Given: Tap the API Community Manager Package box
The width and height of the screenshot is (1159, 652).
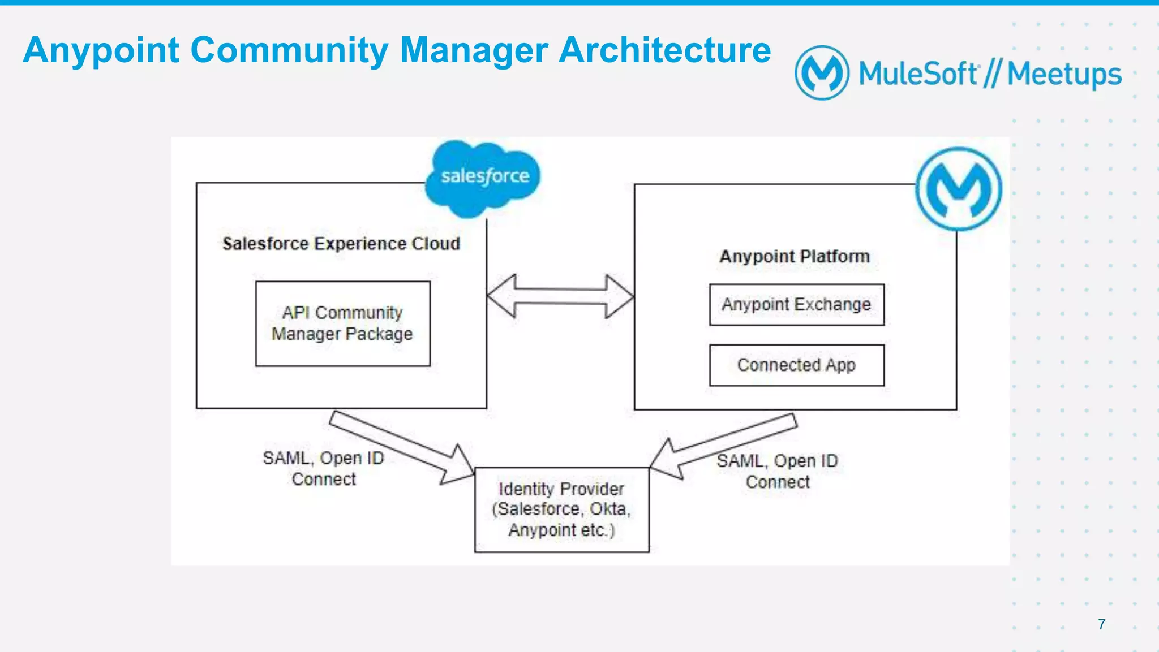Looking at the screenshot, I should click(342, 323).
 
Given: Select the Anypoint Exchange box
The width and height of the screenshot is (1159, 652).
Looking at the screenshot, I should click(796, 305).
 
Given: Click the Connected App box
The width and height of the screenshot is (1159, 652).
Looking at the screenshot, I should click(796, 365).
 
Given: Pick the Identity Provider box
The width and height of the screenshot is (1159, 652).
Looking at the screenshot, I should click(561, 509).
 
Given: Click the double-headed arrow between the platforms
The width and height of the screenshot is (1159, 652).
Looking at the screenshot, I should click(560, 296).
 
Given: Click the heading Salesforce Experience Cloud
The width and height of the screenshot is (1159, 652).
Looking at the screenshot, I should click(341, 244).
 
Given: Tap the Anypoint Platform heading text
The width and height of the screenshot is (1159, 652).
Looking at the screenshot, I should click(795, 257).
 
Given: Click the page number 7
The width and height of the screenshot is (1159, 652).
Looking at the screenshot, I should click(1101, 624).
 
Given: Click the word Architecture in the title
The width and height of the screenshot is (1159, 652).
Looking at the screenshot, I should click(664, 50).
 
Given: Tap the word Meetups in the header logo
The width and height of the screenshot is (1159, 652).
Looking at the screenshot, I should click(1064, 75).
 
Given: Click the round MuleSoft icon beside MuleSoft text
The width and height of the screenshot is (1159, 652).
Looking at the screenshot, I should click(822, 73).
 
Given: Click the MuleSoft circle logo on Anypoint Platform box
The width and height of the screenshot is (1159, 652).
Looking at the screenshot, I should click(959, 189).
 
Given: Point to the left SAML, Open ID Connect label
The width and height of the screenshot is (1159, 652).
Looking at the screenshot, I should click(324, 468).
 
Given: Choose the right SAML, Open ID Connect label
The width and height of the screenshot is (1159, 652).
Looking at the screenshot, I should click(778, 471).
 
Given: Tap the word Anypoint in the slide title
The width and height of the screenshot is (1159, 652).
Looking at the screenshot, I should click(101, 50).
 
